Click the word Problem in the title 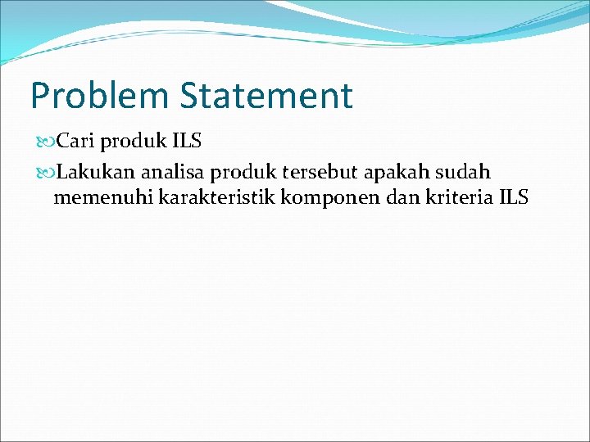tap(99, 96)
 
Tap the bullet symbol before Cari tap(43, 142)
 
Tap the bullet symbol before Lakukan tap(43, 173)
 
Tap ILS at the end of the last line tap(513, 197)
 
